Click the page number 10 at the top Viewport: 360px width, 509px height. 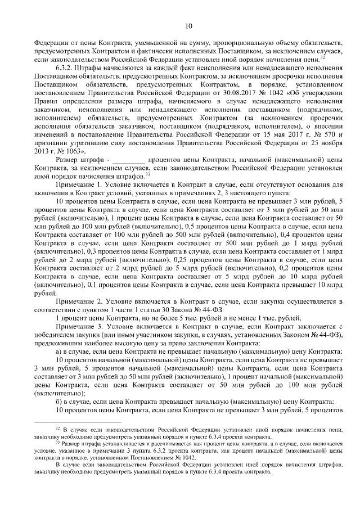[x=188, y=25]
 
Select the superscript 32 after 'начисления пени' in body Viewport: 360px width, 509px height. [x=322, y=56]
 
